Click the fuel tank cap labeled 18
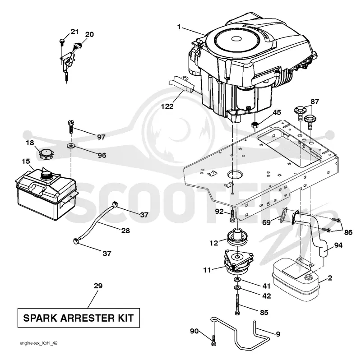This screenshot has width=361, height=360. [47, 154]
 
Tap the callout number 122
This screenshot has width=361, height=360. [167, 106]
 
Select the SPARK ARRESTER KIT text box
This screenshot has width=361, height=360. [79, 318]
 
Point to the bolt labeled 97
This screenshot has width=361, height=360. [71, 127]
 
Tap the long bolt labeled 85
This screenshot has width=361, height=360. [237, 304]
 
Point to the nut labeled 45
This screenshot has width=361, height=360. [255, 125]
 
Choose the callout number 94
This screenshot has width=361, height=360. [338, 245]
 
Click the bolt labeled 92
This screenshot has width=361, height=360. [232, 215]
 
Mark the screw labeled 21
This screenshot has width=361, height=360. [61, 41]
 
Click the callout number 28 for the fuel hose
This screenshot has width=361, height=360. [125, 231]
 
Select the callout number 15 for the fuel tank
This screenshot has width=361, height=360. [26, 161]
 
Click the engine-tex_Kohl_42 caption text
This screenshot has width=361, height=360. [39, 343]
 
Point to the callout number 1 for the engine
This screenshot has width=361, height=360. [179, 27]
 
